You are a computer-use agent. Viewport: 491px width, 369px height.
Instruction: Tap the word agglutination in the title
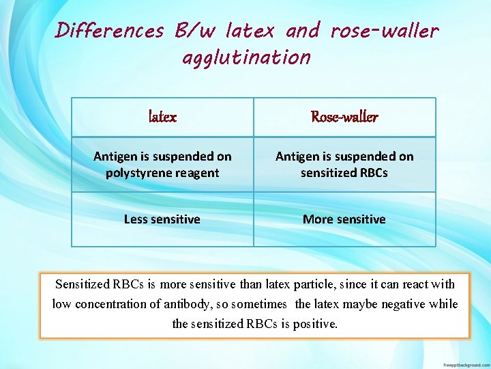pyautogui.click(x=246, y=57)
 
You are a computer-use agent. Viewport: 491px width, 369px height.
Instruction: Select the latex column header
pyautogui.click(x=162, y=117)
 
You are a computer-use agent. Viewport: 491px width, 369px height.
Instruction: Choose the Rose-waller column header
pyautogui.click(x=344, y=117)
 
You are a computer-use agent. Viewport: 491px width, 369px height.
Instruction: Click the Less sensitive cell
pyautogui.click(x=162, y=219)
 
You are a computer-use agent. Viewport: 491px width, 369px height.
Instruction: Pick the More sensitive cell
pyautogui.click(x=344, y=219)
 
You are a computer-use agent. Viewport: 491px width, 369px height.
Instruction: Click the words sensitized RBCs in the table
pyautogui.click(x=344, y=173)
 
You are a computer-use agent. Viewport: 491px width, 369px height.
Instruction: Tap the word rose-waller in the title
pyautogui.click(x=385, y=31)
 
